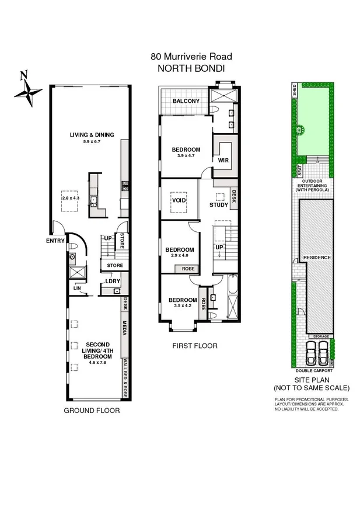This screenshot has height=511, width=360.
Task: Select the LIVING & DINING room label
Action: [92, 135]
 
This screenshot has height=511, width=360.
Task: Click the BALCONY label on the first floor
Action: [186, 101]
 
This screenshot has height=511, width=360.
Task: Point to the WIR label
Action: [223, 159]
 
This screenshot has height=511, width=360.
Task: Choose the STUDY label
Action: [219, 204]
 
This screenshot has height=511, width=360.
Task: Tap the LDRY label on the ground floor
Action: [112, 281]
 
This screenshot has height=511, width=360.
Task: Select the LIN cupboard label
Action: [76, 287]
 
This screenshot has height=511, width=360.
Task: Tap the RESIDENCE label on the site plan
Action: [317, 258]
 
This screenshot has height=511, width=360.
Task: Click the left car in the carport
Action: [310, 353]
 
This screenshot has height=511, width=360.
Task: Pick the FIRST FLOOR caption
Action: [194, 346]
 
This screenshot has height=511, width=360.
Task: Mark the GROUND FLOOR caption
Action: [92, 411]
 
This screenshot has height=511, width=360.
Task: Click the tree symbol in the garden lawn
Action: [301, 130]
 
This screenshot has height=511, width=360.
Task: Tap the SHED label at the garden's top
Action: [294, 91]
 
